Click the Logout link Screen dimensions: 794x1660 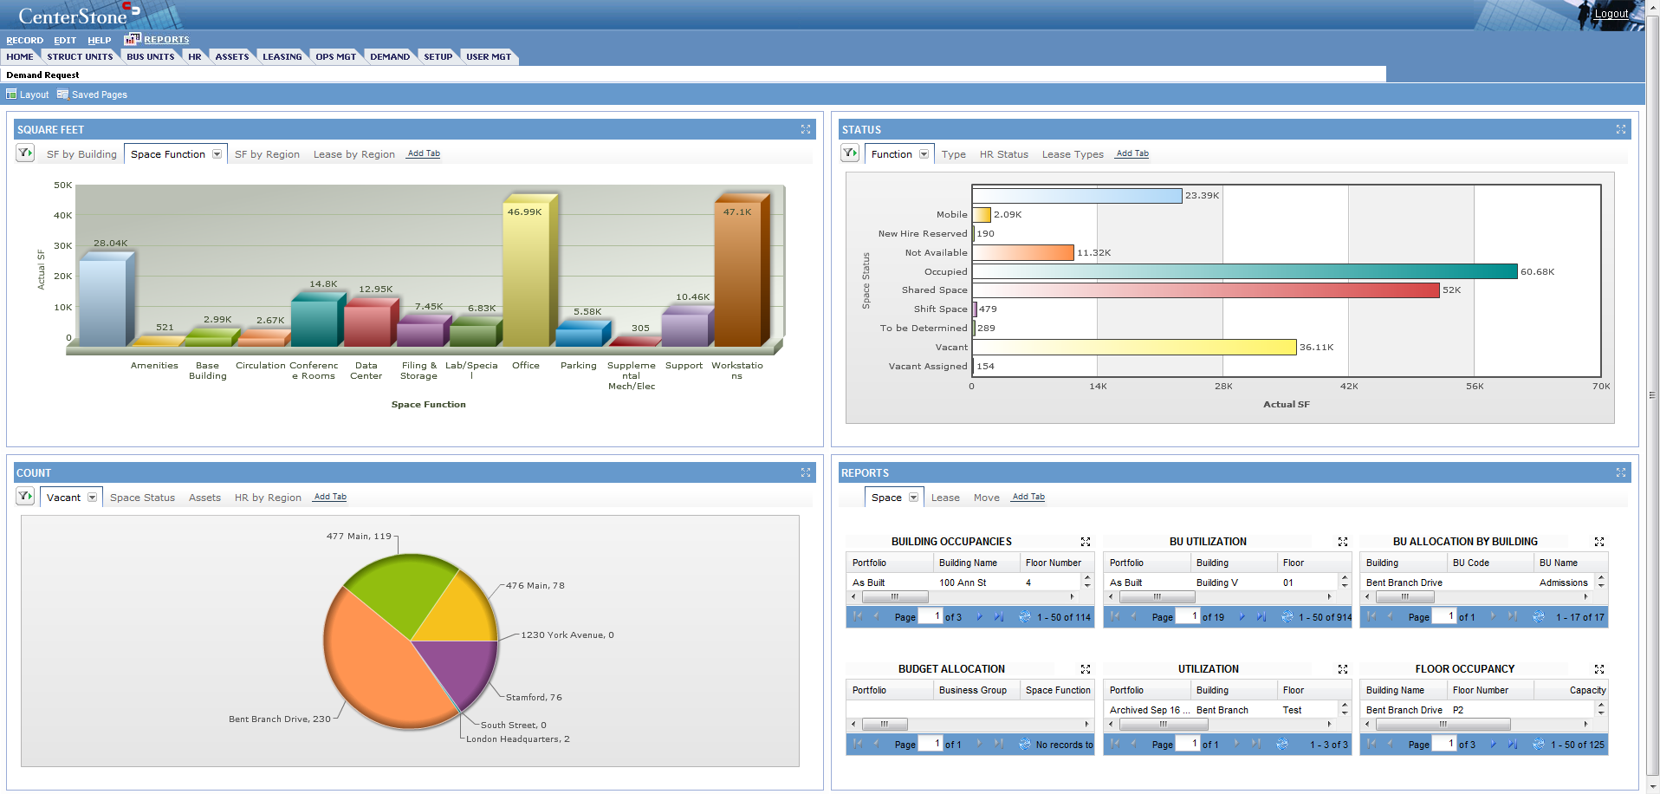point(1611,14)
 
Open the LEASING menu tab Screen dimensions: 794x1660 point(282,57)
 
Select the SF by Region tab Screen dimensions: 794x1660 point(267,154)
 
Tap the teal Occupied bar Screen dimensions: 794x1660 point(1244,271)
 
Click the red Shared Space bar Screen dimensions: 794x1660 point(1205,290)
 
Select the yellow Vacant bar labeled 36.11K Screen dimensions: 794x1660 point(1134,347)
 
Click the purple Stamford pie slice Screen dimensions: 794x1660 point(459,667)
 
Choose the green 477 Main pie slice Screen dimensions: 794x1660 point(399,589)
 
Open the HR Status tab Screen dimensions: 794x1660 point(1003,154)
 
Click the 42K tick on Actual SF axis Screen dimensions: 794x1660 point(1349,387)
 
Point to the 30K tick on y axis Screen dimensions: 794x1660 point(63,246)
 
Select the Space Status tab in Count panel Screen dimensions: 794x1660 point(142,498)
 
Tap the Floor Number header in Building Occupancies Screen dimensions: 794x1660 point(1053,563)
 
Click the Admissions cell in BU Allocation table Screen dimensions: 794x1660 point(1563,582)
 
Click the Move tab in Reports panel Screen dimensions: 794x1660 point(986,498)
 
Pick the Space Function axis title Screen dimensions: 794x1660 point(428,405)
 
